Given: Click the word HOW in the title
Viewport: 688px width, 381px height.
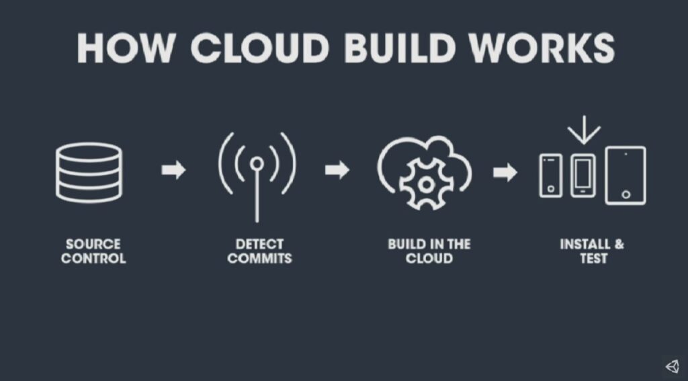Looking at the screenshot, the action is [x=126, y=48].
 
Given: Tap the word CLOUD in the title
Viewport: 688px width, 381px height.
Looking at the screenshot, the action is [x=260, y=48].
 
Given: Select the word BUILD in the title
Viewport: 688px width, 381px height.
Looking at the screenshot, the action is [x=399, y=48].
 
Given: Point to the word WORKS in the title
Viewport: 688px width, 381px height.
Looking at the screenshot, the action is [x=542, y=48].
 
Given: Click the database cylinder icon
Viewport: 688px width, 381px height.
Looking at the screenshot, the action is [x=89, y=172].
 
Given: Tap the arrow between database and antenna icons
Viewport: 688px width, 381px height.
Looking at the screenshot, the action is [x=174, y=170].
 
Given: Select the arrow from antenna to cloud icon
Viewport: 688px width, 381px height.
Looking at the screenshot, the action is [x=337, y=170].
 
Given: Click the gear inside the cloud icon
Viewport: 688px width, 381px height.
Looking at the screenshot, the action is [x=425, y=184].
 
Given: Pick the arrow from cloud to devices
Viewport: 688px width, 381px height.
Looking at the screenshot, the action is [x=505, y=172].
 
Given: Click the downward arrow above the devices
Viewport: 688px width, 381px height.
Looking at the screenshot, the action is [x=584, y=130].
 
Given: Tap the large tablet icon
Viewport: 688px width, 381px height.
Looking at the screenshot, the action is [x=626, y=175].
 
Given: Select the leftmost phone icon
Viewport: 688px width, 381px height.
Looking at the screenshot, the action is [x=551, y=175].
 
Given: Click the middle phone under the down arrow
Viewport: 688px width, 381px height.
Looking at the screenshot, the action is [x=583, y=175].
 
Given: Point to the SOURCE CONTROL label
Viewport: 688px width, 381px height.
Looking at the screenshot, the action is [x=93, y=251].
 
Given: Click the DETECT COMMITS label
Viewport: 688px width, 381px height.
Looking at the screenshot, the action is [x=260, y=251].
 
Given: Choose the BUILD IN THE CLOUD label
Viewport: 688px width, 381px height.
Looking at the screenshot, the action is [x=429, y=251].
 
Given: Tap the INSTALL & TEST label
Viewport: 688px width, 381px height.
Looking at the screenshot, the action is [x=592, y=251].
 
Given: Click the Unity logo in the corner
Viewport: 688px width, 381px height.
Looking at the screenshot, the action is [x=673, y=366].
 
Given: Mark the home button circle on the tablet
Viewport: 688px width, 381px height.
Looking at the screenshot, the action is [x=626, y=194].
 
